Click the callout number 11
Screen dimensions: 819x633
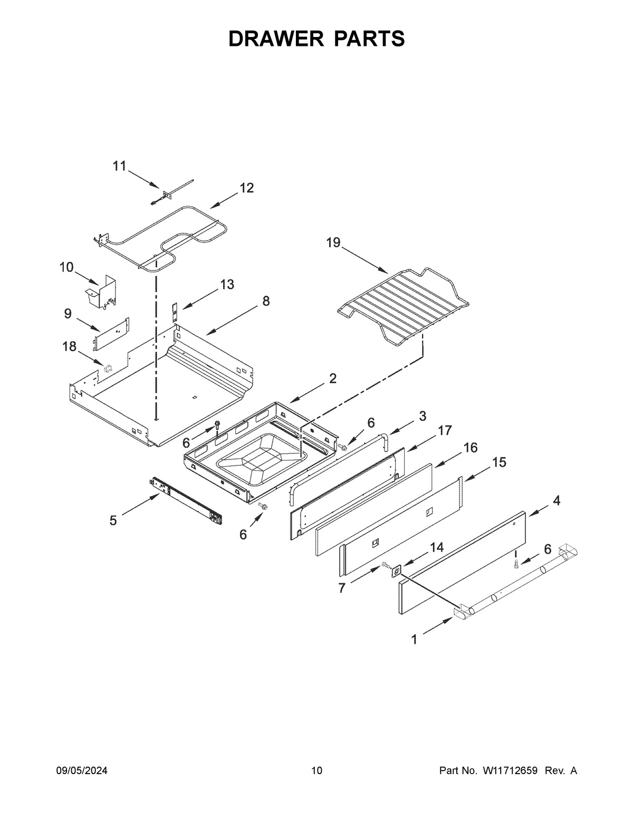tap(119, 166)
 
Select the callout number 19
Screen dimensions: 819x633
tap(333, 243)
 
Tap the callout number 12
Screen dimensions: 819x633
tap(246, 188)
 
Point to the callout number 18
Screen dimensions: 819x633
tap(69, 346)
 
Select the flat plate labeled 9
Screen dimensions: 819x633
tap(111, 333)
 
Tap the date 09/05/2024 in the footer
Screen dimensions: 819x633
tap(82, 771)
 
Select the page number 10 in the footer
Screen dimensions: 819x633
tap(316, 771)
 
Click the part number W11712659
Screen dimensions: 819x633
tap(510, 771)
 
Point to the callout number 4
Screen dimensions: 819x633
tap(556, 500)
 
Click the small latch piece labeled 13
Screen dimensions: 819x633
tap(174, 311)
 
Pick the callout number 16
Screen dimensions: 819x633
tap(470, 448)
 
